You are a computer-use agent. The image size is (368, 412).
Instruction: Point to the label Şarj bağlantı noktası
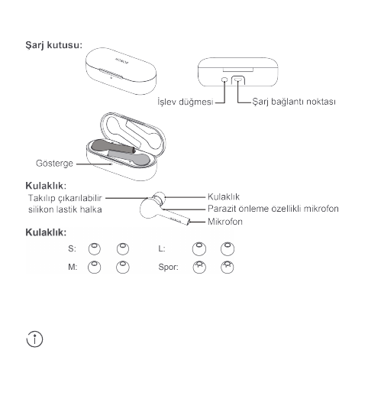(x=291, y=100)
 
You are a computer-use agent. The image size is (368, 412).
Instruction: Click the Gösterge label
(x=56, y=162)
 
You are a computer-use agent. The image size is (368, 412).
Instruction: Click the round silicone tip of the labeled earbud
(x=157, y=198)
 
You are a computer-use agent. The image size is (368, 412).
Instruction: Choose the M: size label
(x=73, y=268)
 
